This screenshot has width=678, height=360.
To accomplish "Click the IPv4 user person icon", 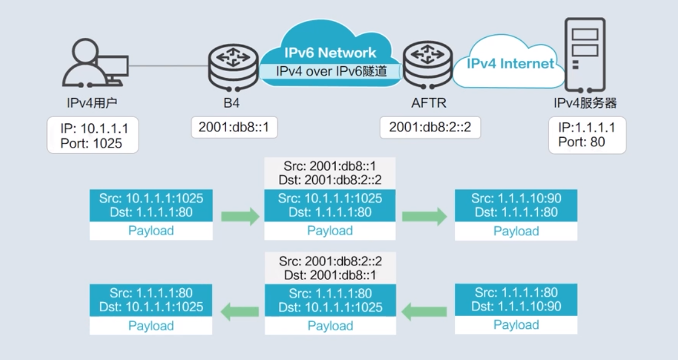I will click(95, 63).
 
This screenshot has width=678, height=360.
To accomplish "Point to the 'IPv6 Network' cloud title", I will click(330, 53).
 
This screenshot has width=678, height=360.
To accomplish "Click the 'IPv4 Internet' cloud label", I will click(511, 63).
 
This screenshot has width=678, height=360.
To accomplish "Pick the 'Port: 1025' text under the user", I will click(92, 143).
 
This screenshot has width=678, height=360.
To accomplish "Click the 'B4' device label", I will click(231, 103).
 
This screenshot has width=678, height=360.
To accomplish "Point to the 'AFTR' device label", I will click(429, 103).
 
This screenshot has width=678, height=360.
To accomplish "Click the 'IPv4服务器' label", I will click(585, 103).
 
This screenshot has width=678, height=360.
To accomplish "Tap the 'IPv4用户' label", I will click(92, 103).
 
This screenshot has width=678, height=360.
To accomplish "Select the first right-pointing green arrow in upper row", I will click(240, 216).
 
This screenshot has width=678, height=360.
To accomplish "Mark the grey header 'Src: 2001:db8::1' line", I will click(330, 166).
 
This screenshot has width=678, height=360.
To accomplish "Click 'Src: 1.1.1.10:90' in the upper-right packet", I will click(516, 198).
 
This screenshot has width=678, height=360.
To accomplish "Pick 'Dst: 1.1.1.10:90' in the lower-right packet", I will click(516, 306).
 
